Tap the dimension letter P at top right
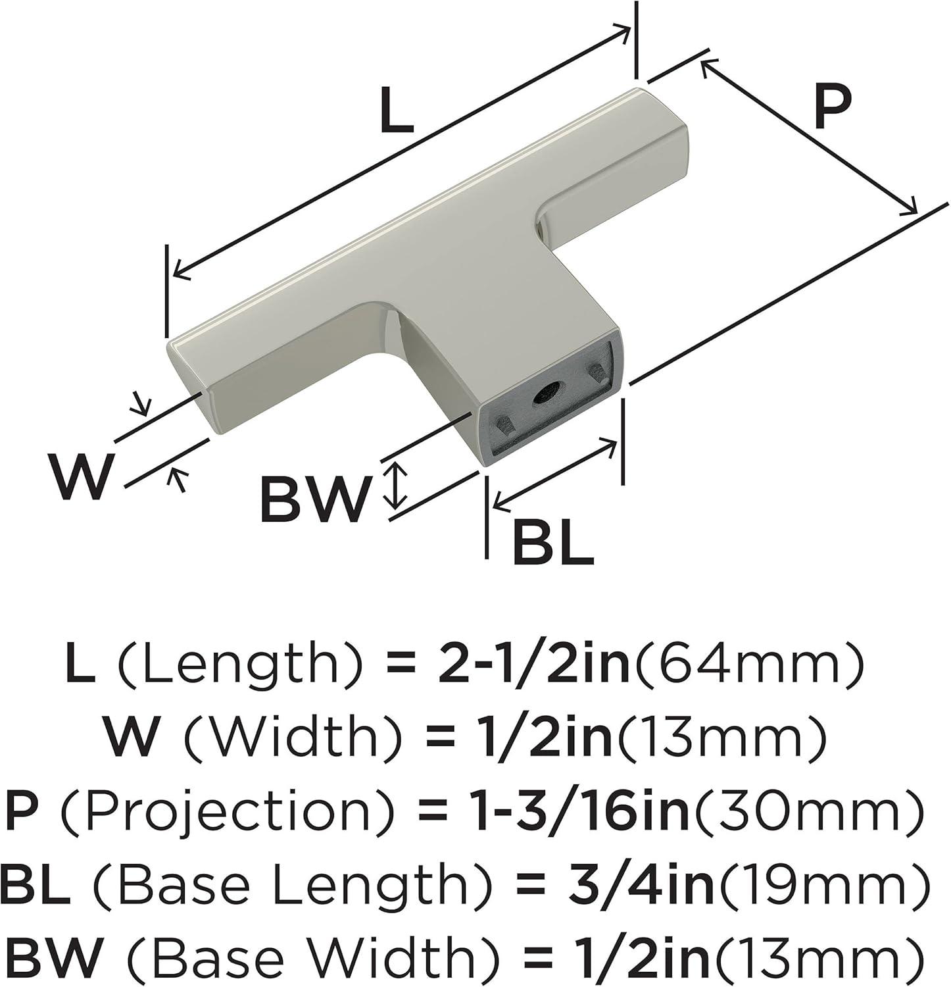831,106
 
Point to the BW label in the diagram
313,499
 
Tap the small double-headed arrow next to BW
395,486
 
